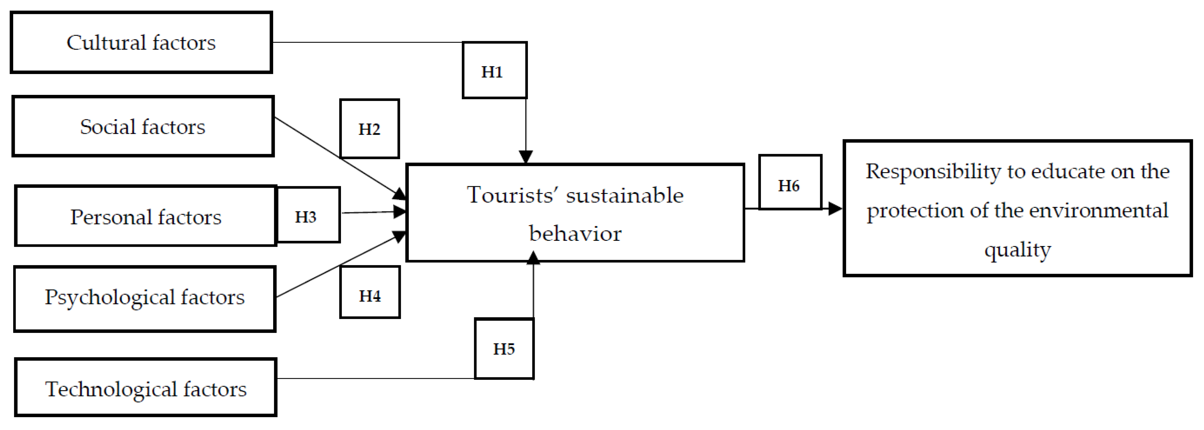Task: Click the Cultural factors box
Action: (141, 43)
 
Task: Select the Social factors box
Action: (142, 126)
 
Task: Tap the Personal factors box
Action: (145, 216)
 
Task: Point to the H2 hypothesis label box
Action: (369, 129)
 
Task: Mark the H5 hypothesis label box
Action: (504, 349)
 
